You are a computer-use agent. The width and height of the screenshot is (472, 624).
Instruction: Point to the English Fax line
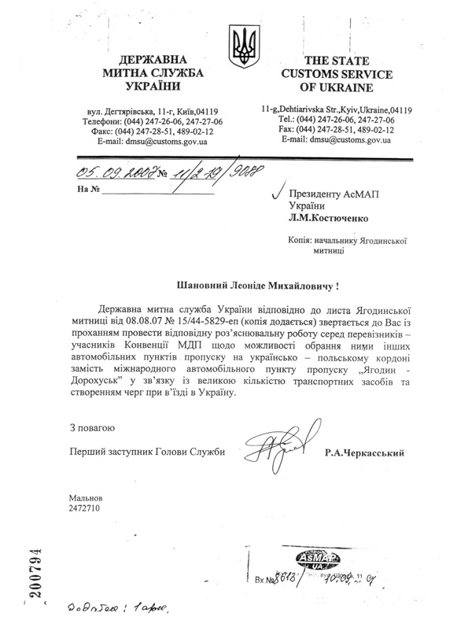(x=340, y=129)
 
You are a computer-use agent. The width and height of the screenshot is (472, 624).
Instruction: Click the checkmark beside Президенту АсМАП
(x=276, y=190)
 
